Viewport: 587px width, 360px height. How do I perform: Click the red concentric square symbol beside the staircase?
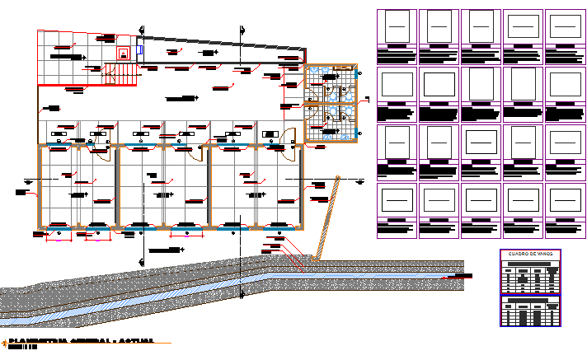(124, 54)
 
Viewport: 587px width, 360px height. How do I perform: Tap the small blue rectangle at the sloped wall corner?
(139, 49)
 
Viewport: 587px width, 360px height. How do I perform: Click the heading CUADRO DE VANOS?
(529, 255)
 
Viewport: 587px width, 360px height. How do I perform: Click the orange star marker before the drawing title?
(4, 341)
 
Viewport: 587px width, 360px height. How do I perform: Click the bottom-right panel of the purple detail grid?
(565, 211)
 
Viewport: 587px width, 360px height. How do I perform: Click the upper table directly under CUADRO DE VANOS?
(529, 277)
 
